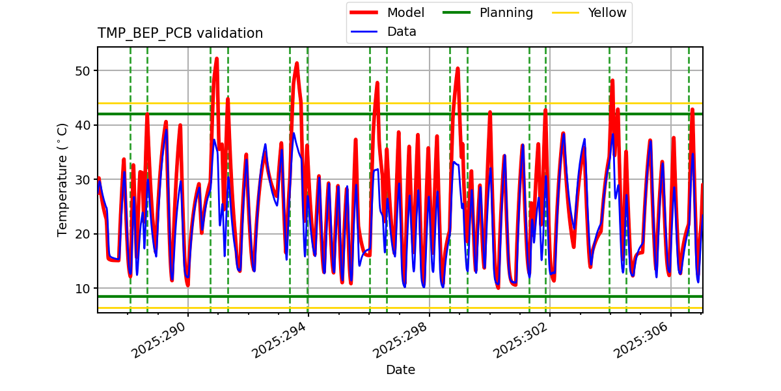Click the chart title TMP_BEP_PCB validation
[180, 33]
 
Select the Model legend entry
[405, 13]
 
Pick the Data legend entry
[402, 32]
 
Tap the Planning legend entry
[506, 13]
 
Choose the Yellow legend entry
[607, 13]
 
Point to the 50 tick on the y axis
[83, 70]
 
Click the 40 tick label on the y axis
[83, 125]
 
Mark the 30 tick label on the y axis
[83, 179]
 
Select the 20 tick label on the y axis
[83, 234]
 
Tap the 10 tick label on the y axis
[83, 288]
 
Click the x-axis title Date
[400, 370]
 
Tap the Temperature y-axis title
[62, 179]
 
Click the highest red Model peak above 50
[217, 59]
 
